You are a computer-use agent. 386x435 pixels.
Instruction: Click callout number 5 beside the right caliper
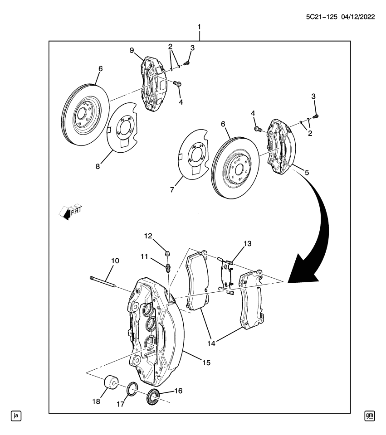307,173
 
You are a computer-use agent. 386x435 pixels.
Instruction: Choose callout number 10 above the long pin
115,261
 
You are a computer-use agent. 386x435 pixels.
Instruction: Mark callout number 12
148,236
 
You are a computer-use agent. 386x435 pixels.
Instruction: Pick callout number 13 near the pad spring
247,243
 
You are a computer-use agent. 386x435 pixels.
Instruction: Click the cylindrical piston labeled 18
111,383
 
